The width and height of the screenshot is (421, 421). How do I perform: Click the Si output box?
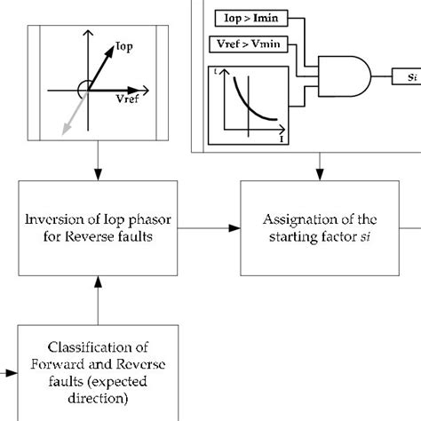[408, 78]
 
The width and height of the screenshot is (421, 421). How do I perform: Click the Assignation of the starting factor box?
[316, 227]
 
